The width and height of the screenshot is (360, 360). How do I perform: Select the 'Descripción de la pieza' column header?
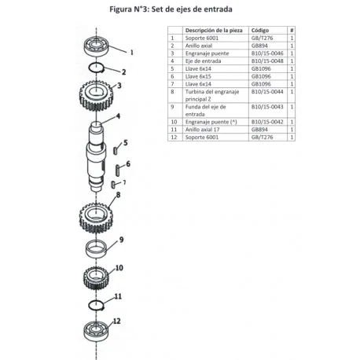214,30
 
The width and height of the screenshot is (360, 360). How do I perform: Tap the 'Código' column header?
259,30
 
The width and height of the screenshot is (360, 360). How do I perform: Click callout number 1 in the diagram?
131,53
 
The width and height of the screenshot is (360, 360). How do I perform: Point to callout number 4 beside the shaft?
119,117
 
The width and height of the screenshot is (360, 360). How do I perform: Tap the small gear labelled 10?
97,277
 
